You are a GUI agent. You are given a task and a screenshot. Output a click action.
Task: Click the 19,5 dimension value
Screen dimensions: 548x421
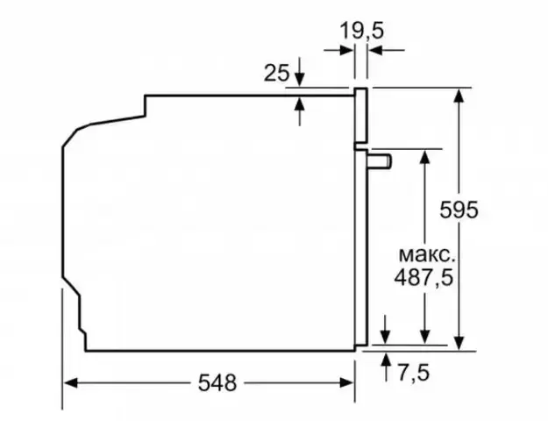tap(362, 31)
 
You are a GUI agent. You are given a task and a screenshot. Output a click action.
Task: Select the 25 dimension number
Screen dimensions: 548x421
tap(276, 73)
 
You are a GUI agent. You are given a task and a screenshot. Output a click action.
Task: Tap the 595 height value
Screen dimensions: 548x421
tap(459, 210)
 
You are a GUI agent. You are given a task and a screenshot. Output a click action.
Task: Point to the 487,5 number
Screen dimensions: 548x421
tap(423, 278)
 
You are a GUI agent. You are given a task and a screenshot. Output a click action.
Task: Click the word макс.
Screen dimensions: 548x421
tap(427, 255)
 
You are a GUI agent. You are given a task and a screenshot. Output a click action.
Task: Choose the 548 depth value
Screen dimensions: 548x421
tap(217, 382)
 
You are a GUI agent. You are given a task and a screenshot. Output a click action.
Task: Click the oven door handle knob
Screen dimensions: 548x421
tap(380, 161)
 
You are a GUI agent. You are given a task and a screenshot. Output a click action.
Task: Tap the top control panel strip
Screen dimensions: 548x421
tap(360, 116)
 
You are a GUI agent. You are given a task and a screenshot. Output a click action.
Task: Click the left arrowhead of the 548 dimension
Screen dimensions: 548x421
tap(70, 383)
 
